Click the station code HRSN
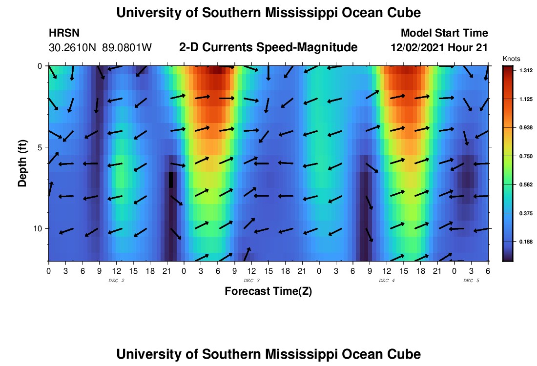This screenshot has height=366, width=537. [x=64, y=33]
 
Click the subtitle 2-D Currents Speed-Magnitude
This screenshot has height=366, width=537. [x=268, y=47]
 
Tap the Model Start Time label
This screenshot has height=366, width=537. [x=444, y=33]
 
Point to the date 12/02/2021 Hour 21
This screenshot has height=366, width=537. [x=439, y=47]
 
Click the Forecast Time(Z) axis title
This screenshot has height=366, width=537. [x=268, y=291]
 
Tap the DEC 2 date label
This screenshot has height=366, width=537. [x=116, y=281]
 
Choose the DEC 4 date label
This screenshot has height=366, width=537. [x=387, y=281]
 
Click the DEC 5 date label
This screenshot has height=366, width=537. [x=471, y=281]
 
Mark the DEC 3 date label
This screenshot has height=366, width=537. [x=251, y=281]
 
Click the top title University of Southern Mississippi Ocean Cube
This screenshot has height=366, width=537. [x=268, y=13]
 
